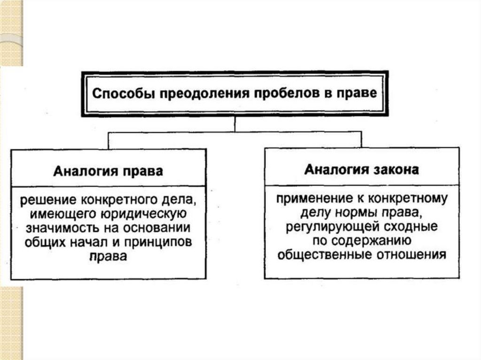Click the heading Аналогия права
[108, 171]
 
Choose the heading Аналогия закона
[361, 169]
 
